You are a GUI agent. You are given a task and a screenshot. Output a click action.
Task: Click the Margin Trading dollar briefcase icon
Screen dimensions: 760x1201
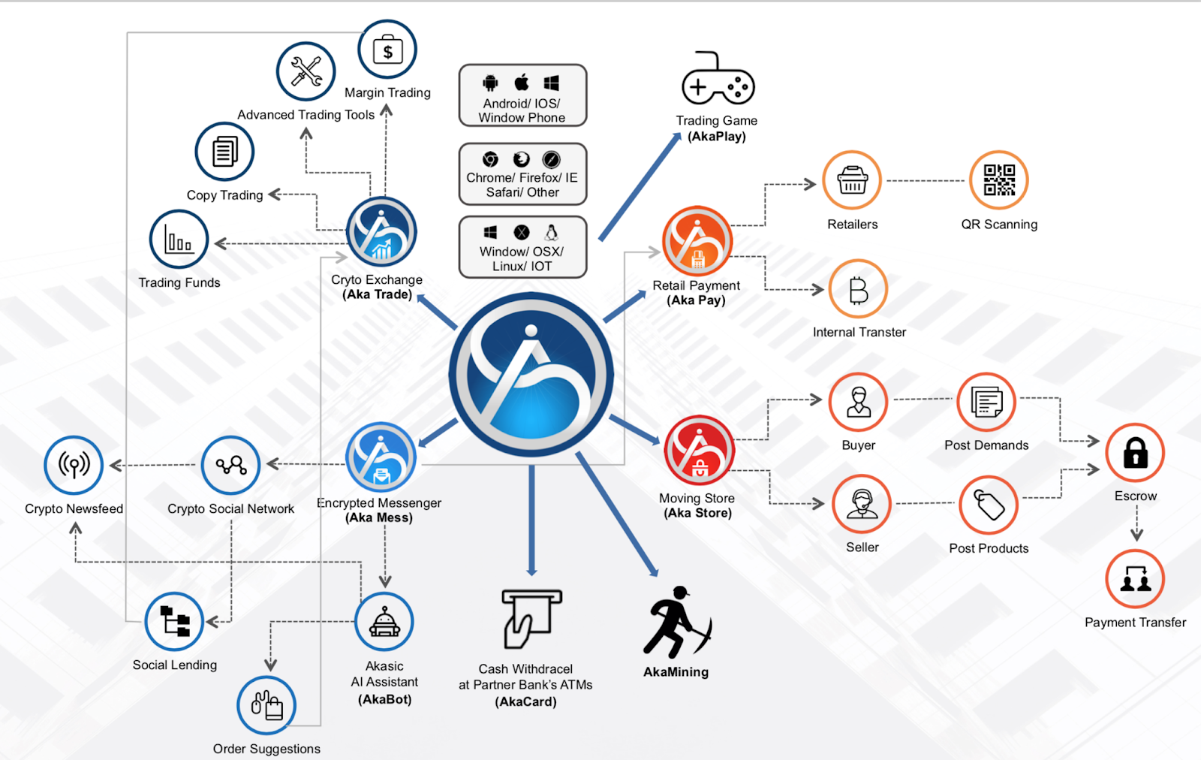click(387, 50)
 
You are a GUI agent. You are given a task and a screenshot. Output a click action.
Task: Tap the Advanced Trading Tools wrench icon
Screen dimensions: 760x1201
click(306, 72)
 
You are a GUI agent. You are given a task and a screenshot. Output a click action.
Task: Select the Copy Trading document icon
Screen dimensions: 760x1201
click(224, 152)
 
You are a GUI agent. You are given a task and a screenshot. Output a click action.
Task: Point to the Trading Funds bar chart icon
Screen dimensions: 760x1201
click(179, 240)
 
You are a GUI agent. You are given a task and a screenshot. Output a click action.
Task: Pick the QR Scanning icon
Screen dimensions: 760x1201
click(998, 180)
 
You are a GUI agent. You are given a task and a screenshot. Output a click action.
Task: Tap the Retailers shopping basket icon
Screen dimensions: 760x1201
click(852, 180)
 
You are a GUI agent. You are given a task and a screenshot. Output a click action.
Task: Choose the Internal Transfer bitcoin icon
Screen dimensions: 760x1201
click(858, 289)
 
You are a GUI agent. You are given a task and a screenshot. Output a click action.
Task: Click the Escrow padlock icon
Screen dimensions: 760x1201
click(1135, 453)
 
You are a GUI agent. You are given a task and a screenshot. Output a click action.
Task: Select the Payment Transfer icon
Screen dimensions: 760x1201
click(1135, 579)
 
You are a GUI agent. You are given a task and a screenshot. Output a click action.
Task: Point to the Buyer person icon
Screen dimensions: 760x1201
click(858, 402)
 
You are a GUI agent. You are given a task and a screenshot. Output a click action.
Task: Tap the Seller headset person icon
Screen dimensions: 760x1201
click(862, 504)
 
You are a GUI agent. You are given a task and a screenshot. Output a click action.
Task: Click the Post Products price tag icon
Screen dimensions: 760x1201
click(989, 505)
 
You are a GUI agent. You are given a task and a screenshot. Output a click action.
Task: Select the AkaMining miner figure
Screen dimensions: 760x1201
click(676, 623)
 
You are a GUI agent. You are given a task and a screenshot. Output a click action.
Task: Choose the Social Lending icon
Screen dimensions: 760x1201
click(175, 622)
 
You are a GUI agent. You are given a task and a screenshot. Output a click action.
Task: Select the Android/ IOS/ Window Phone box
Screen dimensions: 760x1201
click(522, 95)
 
